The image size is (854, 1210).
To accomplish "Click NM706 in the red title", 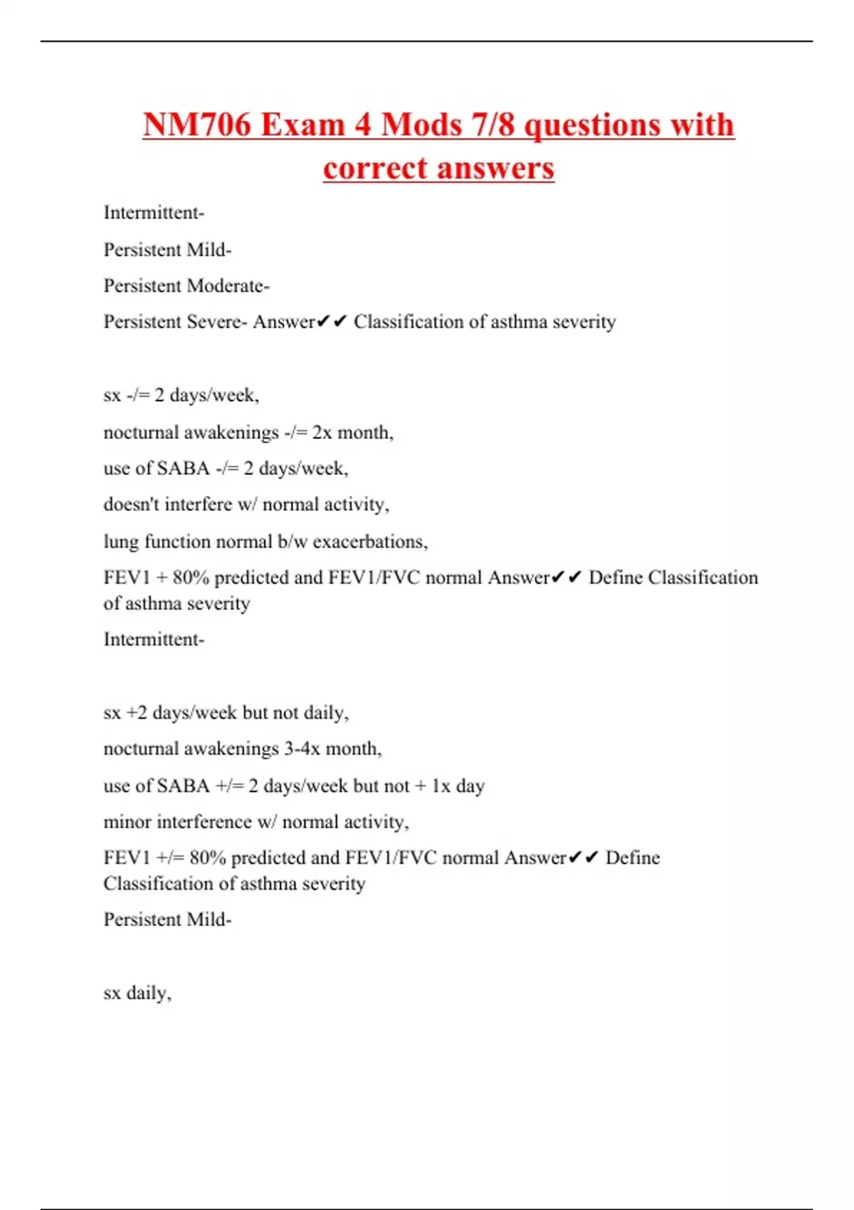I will click(196, 125).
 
